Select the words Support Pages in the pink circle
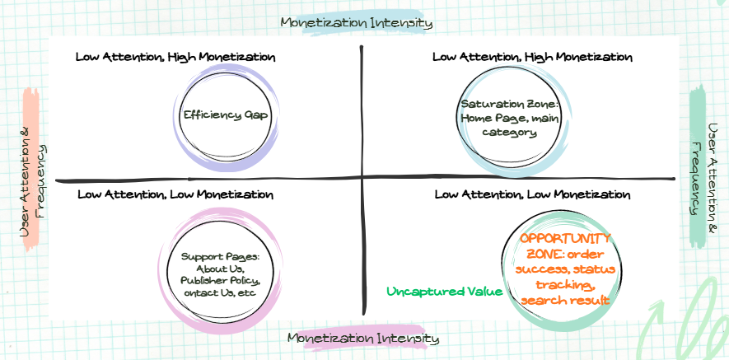point(220,256)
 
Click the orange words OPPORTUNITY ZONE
point(560,245)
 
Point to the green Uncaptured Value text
point(445,292)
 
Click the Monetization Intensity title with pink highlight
point(363,338)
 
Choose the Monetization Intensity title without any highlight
point(357,22)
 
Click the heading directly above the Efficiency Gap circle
point(175,58)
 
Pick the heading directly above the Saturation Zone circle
point(532,58)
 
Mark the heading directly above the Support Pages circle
point(175,194)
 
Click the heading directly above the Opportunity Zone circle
point(532,194)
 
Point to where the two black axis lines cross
point(362,178)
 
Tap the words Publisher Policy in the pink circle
point(220,281)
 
